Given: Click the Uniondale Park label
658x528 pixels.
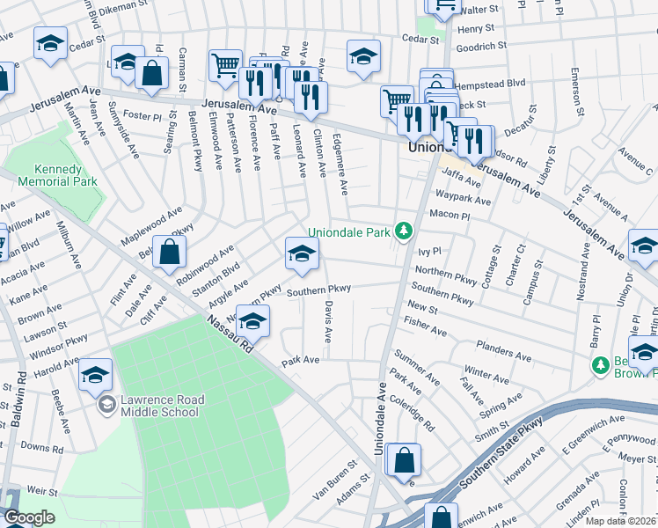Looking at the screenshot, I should tap(349, 232).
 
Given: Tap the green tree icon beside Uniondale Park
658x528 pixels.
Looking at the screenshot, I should tap(404, 231).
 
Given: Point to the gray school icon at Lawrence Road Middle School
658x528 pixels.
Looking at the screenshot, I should tap(106, 405).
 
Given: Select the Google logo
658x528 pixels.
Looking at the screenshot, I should tap(28, 517).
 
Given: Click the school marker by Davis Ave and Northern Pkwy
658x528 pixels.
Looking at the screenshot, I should tap(302, 254).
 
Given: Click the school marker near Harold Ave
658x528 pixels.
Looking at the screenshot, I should tap(95, 376).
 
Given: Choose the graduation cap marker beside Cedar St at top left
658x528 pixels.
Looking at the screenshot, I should tap(51, 42).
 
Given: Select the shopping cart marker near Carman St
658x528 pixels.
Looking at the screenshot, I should tap(225, 64).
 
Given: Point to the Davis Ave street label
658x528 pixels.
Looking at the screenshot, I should tap(327, 323).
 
